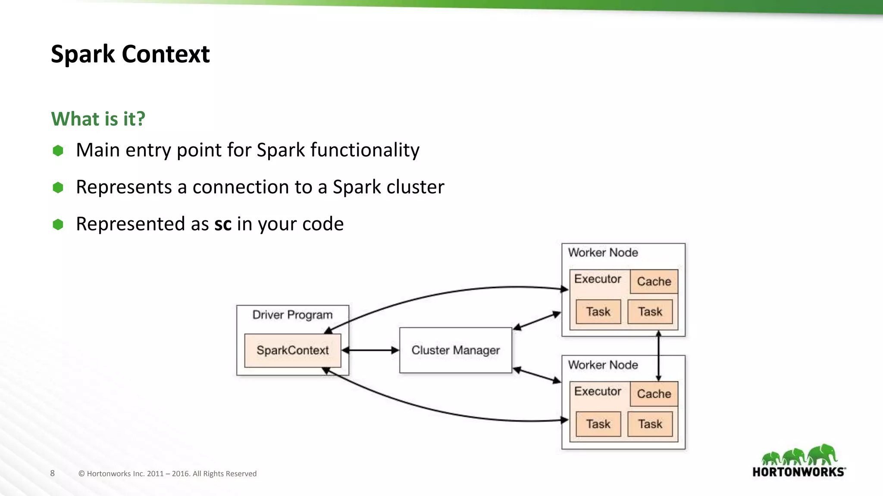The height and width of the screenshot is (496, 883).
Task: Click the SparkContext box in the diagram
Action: [292, 350]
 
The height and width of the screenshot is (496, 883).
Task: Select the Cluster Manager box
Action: [455, 350]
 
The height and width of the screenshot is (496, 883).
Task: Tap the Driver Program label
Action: [292, 315]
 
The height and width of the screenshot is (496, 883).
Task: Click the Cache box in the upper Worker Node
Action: [654, 282]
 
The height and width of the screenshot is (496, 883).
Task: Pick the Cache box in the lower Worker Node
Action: [654, 394]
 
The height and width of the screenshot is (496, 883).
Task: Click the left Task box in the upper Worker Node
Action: [598, 312]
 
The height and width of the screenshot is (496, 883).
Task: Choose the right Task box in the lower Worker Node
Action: [650, 424]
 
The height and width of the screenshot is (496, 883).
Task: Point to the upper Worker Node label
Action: [603, 253]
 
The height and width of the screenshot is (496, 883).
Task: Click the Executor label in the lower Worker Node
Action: [598, 391]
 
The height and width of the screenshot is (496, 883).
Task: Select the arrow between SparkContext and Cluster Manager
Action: [370, 350]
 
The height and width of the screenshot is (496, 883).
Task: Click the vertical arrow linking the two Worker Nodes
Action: [658, 356]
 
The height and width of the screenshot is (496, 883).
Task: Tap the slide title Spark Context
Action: [130, 54]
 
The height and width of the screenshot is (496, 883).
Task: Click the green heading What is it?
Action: [98, 119]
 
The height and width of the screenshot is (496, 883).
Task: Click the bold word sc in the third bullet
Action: [223, 224]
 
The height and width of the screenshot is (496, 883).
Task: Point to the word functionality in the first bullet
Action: [365, 150]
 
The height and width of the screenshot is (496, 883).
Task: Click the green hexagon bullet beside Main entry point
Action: [58, 151]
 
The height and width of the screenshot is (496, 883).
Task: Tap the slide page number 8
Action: [52, 473]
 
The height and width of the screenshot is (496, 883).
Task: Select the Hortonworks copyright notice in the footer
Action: [167, 474]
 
